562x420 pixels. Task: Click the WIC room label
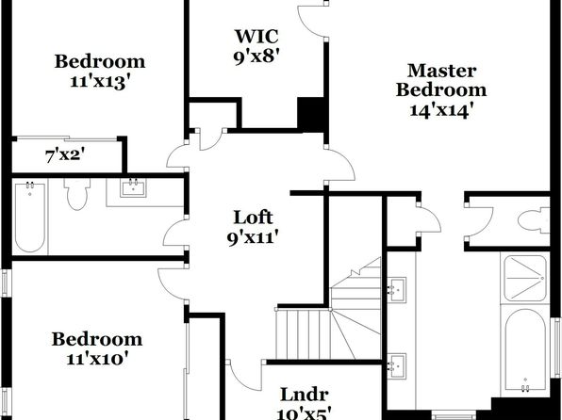256,36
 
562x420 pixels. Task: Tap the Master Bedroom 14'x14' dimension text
439,110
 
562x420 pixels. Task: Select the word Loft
253,218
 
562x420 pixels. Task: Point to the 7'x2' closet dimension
65,156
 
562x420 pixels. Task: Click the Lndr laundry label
305,395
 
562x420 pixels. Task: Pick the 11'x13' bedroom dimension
99,82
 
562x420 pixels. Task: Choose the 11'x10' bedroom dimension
97,359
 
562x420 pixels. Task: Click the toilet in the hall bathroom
77,194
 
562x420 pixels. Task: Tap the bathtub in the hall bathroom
30,218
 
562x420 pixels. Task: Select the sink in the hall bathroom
133,187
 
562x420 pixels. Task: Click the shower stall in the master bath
525,278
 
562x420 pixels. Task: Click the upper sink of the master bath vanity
397,290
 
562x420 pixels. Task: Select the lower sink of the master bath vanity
397,366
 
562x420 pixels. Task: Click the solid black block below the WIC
312,114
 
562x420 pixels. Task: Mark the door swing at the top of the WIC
312,20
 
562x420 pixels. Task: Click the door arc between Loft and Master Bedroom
342,165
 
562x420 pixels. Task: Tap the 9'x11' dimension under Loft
253,237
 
